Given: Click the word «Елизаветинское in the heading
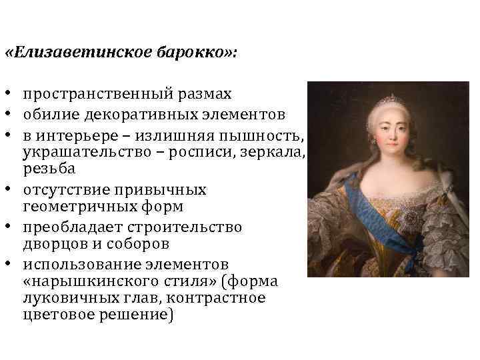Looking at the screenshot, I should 79,52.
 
